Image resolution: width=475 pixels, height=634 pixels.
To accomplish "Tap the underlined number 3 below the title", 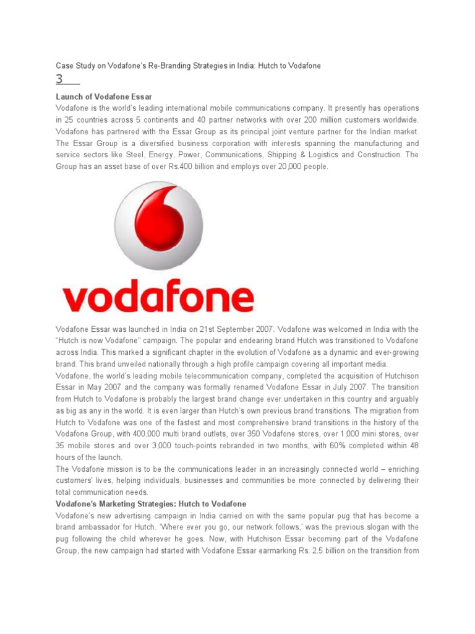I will (60, 80).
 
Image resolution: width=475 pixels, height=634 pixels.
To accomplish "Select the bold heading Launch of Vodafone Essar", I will (104, 97).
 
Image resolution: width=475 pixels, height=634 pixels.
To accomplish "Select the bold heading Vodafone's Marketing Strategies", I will (151, 505).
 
